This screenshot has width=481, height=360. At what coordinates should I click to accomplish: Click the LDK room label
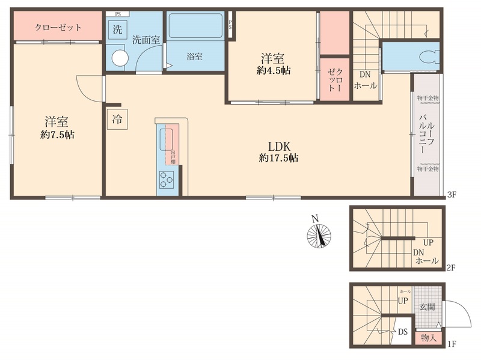pos(279,146)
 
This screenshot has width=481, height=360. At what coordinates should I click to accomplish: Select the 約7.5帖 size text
pos(57,136)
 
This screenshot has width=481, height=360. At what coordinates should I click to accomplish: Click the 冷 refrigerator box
pos(117,119)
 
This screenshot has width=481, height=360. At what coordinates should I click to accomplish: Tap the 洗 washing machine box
pos(118,28)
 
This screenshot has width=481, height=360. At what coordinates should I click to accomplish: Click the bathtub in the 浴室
pos(195,26)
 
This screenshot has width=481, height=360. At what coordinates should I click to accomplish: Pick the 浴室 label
pos(194,57)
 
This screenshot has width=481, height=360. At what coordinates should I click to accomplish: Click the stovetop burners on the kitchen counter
pos(167,178)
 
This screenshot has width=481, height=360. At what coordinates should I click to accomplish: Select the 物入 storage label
pos(429,338)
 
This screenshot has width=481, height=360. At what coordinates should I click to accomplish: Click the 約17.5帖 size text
pos(279,159)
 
